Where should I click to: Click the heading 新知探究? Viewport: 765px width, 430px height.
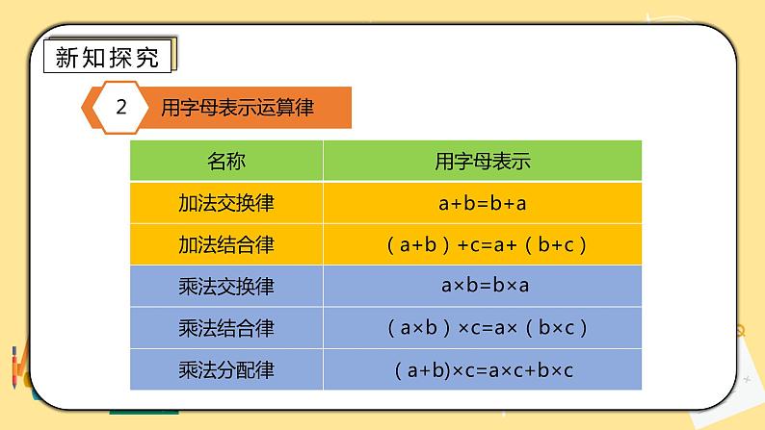click(x=107, y=57)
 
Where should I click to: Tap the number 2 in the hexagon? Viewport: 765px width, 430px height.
click(x=121, y=108)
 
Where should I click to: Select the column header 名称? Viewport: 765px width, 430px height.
click(x=226, y=162)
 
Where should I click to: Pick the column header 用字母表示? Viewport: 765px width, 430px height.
click(x=483, y=162)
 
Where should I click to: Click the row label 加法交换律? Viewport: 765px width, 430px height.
click(x=226, y=203)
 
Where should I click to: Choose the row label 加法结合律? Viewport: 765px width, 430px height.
click(x=226, y=244)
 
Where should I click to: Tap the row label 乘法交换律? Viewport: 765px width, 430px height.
click(x=226, y=287)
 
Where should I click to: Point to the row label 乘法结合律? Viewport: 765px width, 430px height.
click(x=226, y=328)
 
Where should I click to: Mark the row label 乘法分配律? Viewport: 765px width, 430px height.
click(x=226, y=369)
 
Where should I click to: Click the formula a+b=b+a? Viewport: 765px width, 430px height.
click(x=483, y=203)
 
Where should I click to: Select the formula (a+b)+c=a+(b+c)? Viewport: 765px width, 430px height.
click(x=483, y=244)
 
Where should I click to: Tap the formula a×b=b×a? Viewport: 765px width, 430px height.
click(x=483, y=287)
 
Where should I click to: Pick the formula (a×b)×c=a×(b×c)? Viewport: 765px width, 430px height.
click(x=483, y=328)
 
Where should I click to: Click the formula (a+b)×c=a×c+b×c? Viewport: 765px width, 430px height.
click(x=483, y=369)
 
